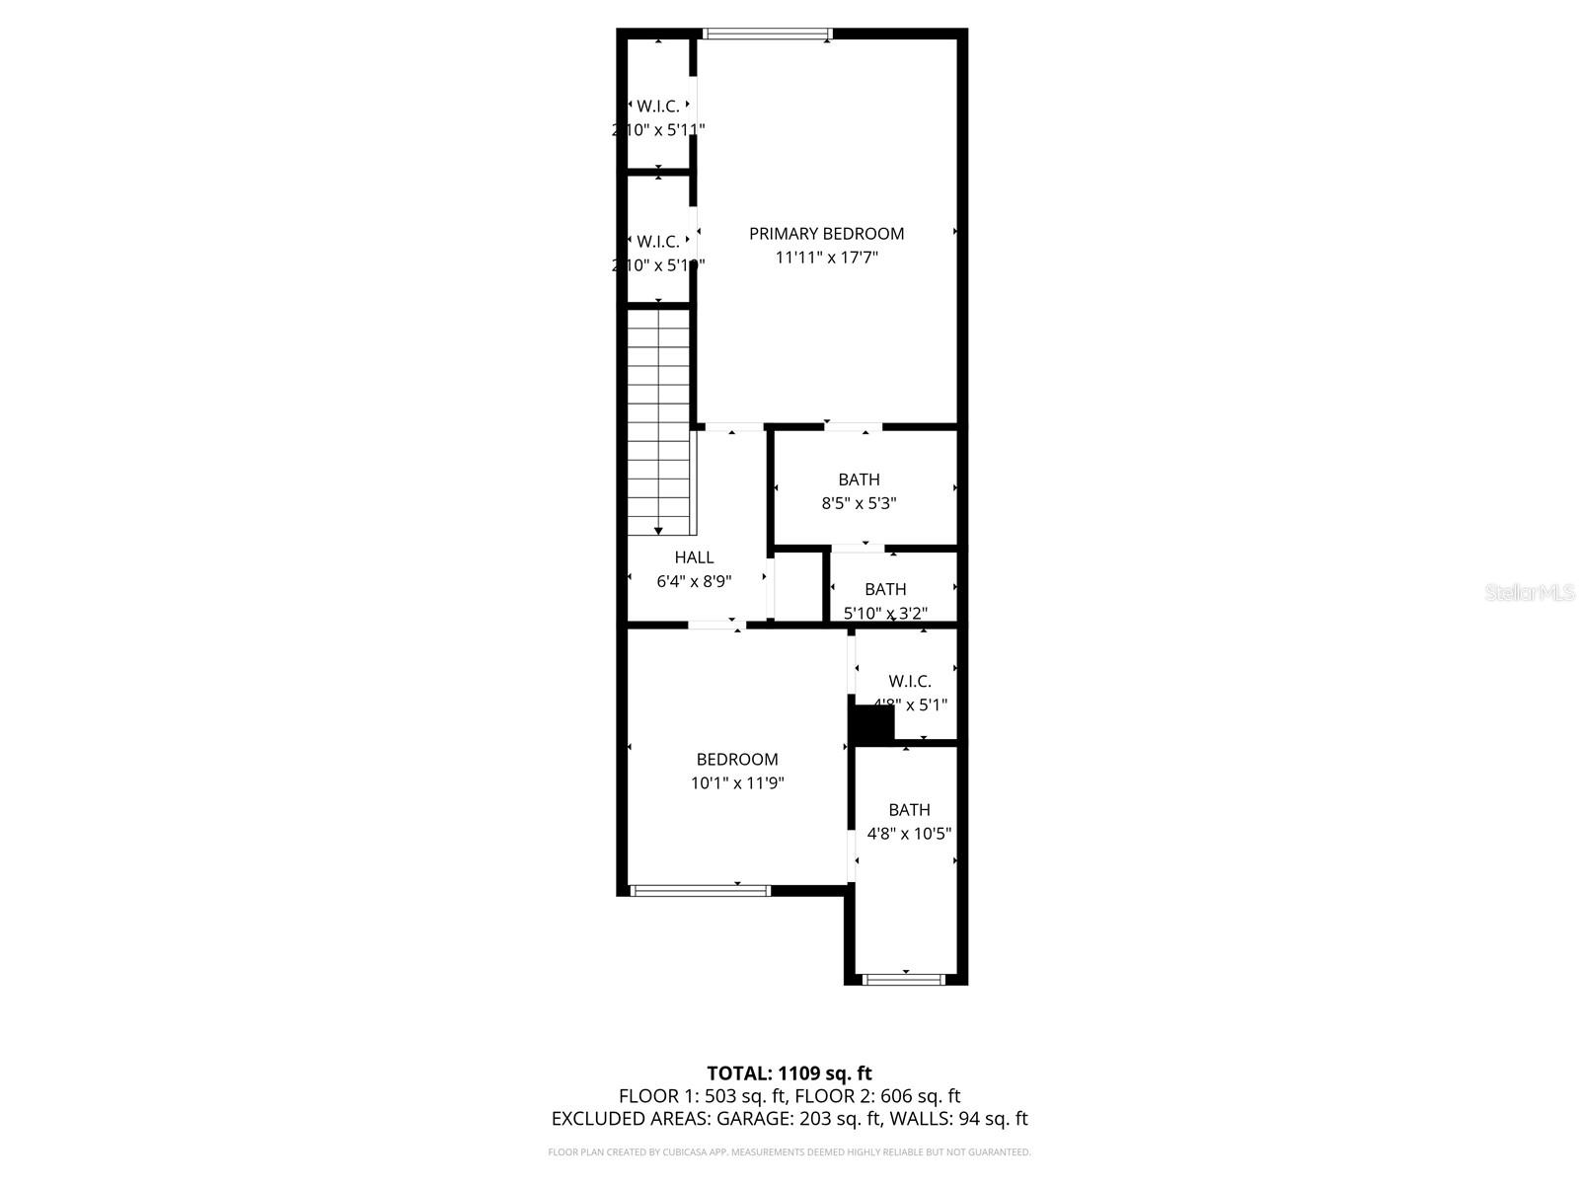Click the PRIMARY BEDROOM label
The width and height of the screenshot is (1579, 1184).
coord(826,234)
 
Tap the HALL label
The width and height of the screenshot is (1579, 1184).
coord(694,557)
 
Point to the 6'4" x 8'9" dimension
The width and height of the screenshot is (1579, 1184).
coord(694,581)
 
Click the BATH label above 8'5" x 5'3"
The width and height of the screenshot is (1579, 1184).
coord(859,480)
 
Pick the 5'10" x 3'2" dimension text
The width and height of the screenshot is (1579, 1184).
coord(885,613)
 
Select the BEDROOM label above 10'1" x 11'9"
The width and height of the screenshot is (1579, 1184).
coord(737,760)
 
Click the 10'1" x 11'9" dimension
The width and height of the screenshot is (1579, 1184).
coord(737,783)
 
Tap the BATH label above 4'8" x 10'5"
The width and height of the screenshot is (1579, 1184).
coord(909,810)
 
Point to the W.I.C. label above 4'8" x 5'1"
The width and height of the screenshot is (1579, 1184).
coord(910,682)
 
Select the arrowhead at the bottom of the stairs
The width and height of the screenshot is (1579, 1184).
coord(658,531)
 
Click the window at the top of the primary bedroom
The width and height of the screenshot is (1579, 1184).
coord(767,35)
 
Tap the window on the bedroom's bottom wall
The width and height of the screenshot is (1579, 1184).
coord(700,890)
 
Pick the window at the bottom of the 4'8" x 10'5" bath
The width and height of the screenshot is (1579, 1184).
coord(903,979)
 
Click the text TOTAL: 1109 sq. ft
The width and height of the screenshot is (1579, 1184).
coord(789,1073)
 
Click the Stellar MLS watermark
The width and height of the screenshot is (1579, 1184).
coord(1530,593)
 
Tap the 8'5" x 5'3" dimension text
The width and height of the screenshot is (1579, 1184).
coord(859,503)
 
